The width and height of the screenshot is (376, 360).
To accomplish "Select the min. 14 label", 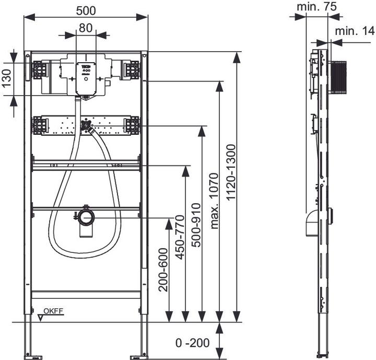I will point(355,31).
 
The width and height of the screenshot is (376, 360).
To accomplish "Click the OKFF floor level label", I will point(53,311).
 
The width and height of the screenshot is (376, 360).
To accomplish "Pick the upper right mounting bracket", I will point(131,69).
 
